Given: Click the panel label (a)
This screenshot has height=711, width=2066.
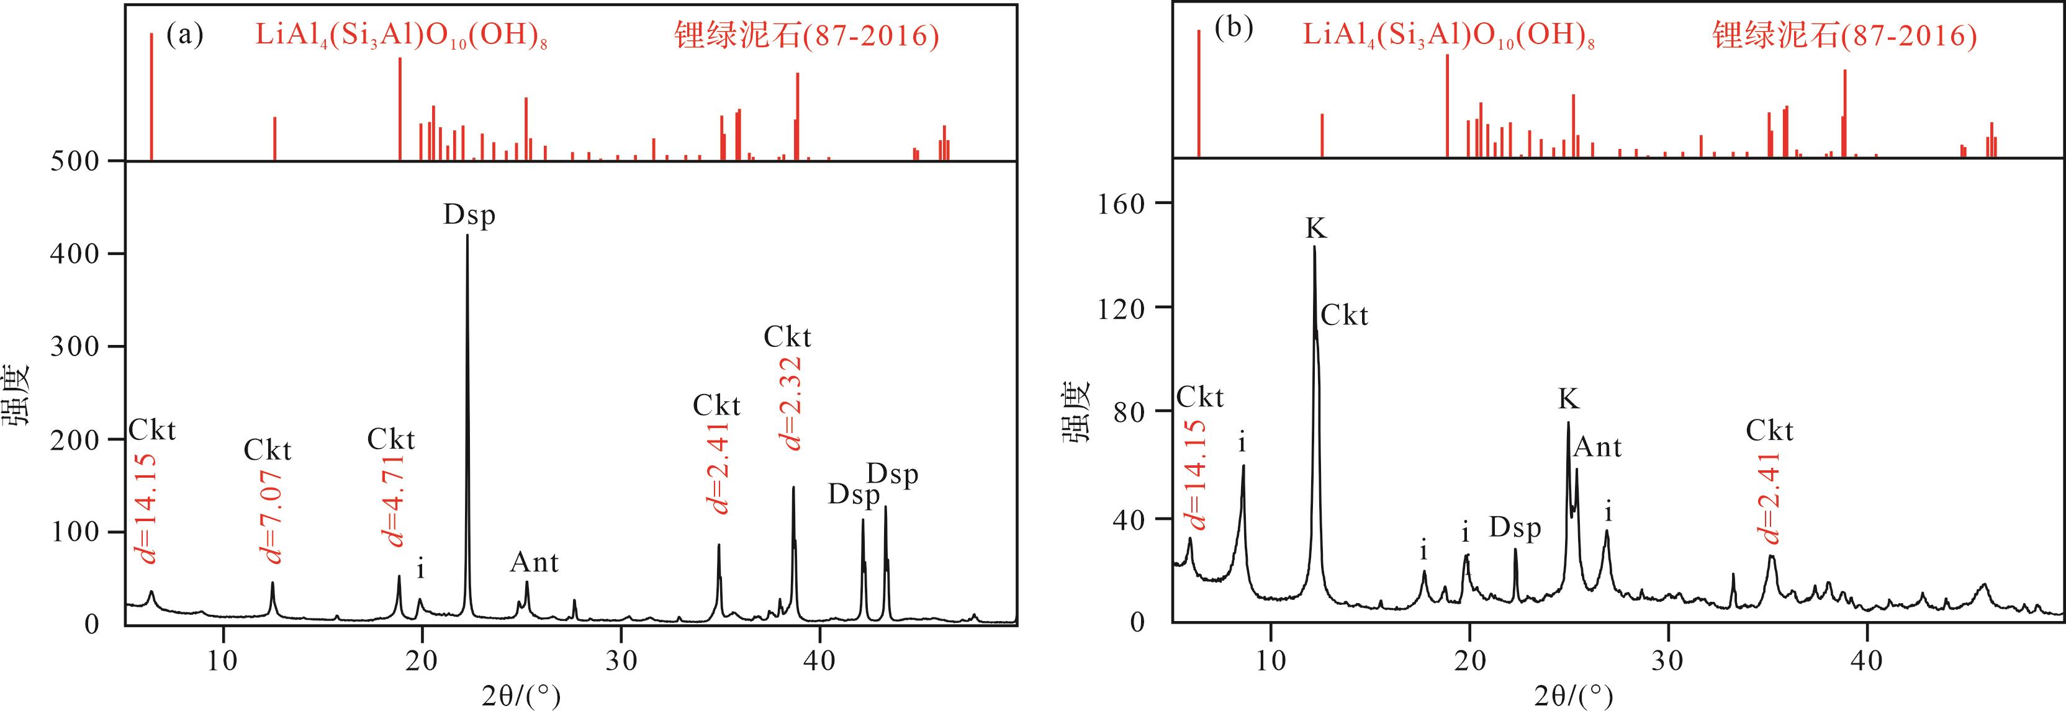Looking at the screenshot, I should tap(184, 35).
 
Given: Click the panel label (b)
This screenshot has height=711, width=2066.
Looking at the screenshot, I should tap(1233, 30).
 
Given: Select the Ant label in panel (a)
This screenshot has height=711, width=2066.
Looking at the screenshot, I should tap(534, 563).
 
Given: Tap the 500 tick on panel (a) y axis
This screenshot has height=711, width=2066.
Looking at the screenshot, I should tap(76, 162).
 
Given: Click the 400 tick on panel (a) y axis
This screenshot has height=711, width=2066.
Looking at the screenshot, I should tap(76, 254).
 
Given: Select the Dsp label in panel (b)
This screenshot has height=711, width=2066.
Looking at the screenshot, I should tap(1515, 528).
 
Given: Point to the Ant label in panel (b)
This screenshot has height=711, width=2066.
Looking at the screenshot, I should tap(1598, 447).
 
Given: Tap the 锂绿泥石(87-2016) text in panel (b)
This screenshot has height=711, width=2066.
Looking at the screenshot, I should tap(1844, 36).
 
